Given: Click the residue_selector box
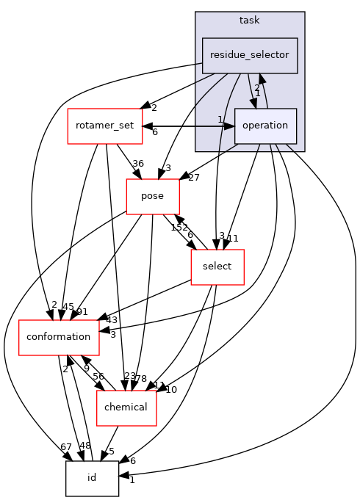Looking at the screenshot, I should [x=250, y=55].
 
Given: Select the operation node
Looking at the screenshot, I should [x=264, y=126].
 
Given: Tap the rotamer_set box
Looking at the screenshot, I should [x=104, y=126].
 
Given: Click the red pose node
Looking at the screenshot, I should [x=153, y=196].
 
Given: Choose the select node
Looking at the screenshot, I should [x=217, y=267].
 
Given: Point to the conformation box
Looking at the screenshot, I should [x=58, y=337].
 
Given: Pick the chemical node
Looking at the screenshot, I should [x=126, y=407].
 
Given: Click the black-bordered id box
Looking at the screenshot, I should [x=92, y=478].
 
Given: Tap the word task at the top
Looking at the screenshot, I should [x=250, y=21].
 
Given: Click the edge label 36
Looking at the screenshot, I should [x=137, y=164].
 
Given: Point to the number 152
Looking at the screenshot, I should [x=178, y=228].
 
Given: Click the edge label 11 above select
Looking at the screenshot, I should [x=233, y=239].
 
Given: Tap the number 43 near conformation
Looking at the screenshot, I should [x=112, y=320].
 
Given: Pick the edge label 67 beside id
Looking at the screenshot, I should [x=66, y=447].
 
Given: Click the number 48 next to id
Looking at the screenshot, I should [x=84, y=446].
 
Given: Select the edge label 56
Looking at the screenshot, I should [x=98, y=377].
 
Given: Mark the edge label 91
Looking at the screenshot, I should [x=82, y=312].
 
